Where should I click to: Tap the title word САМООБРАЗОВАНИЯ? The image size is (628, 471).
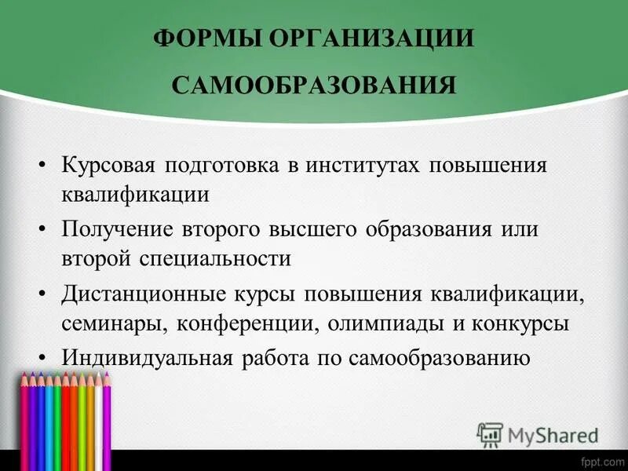coord(314,84)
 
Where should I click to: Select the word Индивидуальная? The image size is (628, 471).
coord(145,359)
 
